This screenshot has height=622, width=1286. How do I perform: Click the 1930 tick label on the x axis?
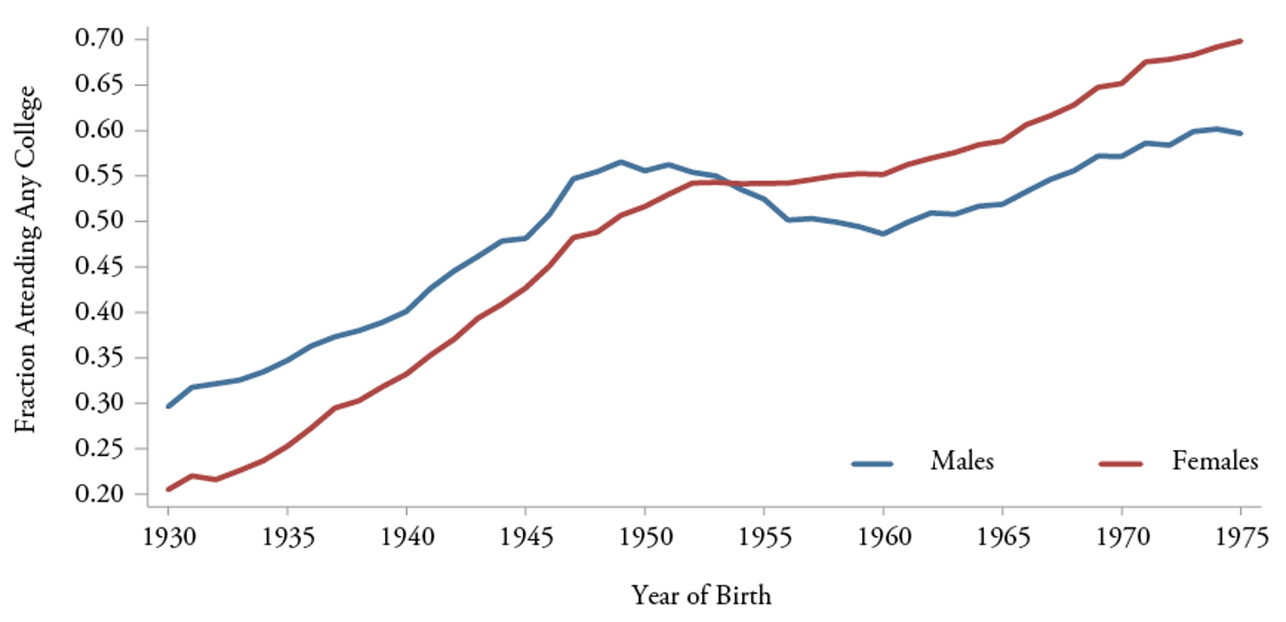click(168, 535)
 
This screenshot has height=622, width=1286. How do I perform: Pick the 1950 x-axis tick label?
click(645, 535)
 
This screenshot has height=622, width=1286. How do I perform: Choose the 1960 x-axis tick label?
click(883, 535)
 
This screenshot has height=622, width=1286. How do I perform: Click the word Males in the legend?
click(962, 461)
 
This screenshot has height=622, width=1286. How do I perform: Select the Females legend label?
click(1215, 461)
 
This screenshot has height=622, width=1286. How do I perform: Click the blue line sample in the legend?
click(872, 463)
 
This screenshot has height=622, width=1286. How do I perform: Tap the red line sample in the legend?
click(1120, 463)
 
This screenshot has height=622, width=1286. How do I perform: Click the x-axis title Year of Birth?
click(701, 596)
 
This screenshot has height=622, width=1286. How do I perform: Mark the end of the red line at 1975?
click(1241, 41)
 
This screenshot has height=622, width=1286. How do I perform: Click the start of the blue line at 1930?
click(169, 407)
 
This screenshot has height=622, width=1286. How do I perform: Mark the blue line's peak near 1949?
click(620, 162)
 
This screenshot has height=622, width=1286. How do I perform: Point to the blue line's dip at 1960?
click(883, 234)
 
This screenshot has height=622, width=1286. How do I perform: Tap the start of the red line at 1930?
click(169, 490)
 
